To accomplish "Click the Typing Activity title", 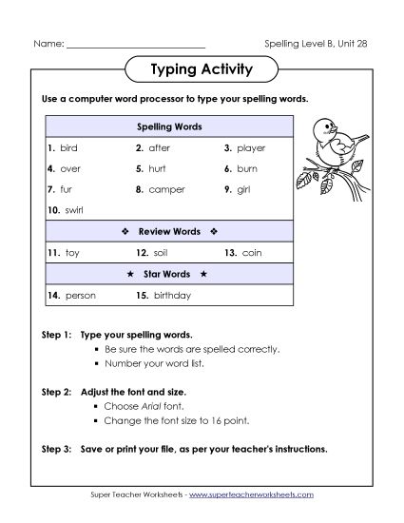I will (x=201, y=69).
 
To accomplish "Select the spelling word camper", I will (x=166, y=189).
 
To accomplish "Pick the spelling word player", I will (x=251, y=148).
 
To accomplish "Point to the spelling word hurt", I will (x=158, y=168).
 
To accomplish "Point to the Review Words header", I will (x=170, y=231).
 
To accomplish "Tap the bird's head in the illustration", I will (x=324, y=126).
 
